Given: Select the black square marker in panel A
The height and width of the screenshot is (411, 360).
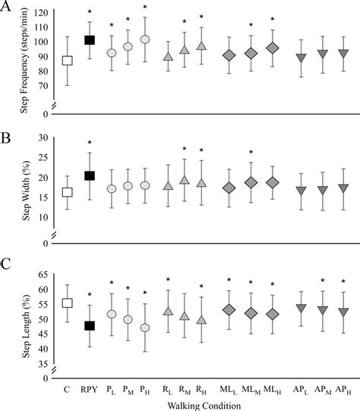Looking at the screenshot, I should coord(90,40).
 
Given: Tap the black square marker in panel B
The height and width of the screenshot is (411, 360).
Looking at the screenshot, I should coord(90,175).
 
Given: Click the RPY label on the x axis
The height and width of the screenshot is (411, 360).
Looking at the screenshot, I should coord(90,389).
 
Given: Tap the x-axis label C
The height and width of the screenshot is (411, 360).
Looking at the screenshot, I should coord(67,389).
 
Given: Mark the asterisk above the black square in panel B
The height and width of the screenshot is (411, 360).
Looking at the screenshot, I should coord(90,144).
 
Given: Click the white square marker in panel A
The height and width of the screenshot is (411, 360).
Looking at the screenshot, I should coord(67,61).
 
